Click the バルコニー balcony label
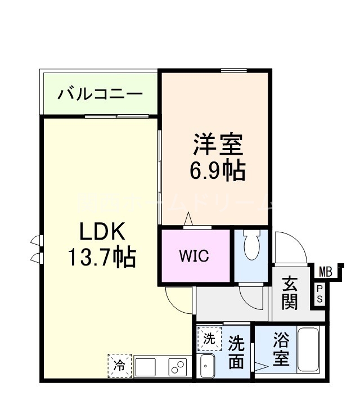click(x=100, y=93)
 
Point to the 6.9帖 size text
click(x=218, y=170)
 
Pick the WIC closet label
click(x=194, y=256)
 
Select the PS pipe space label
click(x=319, y=294)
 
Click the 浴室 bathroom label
click(x=282, y=350)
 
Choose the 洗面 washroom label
click(x=236, y=352)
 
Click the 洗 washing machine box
click(x=209, y=339)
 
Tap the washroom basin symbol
click(x=208, y=367)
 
